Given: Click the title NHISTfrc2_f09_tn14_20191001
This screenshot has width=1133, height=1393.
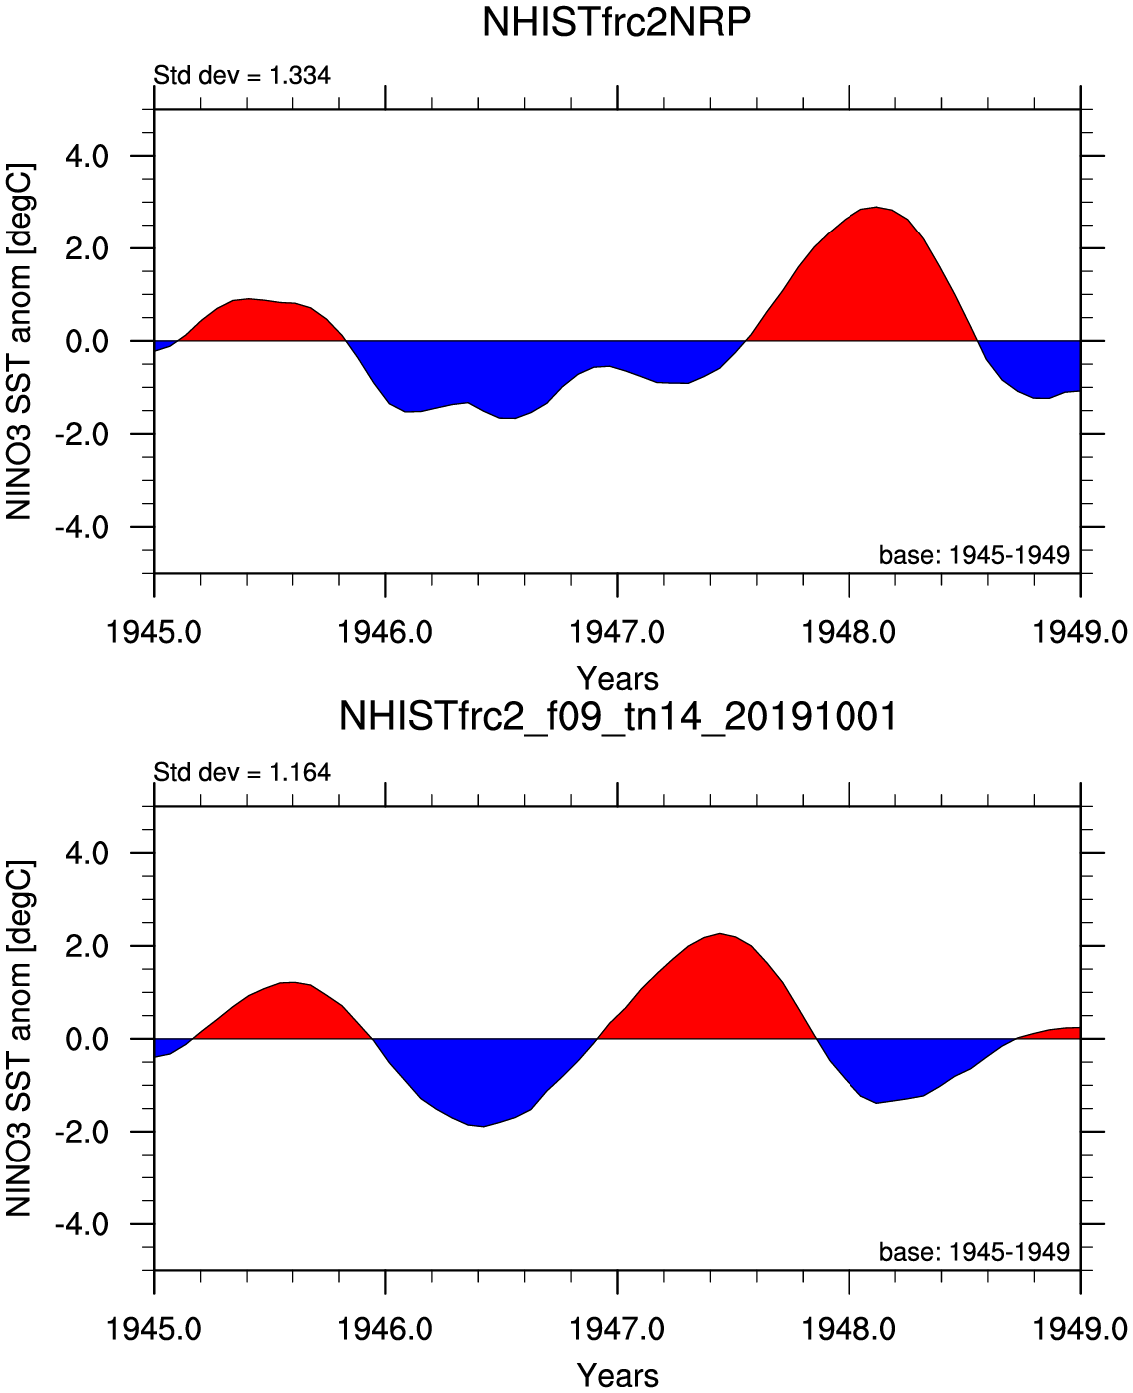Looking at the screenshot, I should tap(618, 716).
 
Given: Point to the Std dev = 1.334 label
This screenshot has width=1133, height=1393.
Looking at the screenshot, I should tap(242, 75).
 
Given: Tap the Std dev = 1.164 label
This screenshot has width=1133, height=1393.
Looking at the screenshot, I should tap(242, 772).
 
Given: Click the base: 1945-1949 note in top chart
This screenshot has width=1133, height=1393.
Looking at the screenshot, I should tap(973, 555).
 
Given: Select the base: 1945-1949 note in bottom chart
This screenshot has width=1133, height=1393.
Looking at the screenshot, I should tap(973, 1251).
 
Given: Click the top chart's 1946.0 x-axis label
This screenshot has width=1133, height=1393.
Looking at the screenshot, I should tap(385, 631).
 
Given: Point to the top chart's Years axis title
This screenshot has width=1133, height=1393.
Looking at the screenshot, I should tap(618, 679).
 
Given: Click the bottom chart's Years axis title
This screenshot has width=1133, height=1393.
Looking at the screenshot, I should tap(618, 1375).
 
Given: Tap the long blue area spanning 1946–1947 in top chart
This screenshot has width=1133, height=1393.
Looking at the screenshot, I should tap(499, 379).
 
